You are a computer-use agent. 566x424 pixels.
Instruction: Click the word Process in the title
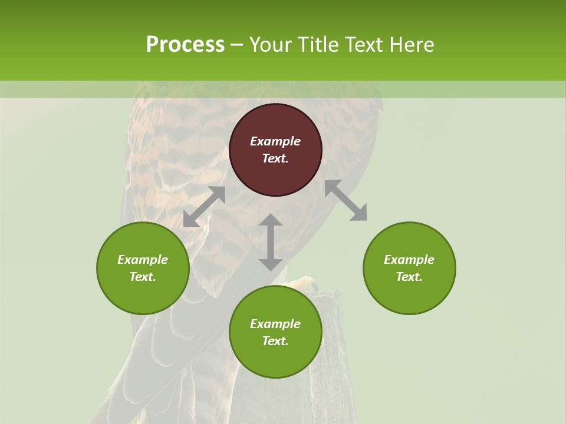(x=185, y=45)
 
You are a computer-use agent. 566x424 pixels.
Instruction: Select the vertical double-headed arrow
(x=271, y=242)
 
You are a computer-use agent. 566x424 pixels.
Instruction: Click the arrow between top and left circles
(x=204, y=207)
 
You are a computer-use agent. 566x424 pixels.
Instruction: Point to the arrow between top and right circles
(x=345, y=200)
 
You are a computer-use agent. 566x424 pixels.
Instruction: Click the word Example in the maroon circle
(x=275, y=141)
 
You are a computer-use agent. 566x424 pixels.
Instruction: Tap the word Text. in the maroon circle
(x=275, y=158)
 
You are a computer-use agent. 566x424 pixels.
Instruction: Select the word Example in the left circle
(x=143, y=260)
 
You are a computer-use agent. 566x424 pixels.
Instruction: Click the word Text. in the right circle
(x=409, y=277)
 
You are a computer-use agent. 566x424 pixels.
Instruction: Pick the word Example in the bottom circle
(x=275, y=324)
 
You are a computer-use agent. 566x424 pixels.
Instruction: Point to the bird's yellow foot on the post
(x=302, y=284)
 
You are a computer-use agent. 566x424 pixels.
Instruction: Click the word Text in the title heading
(x=366, y=45)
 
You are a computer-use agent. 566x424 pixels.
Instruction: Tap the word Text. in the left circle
(x=143, y=277)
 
